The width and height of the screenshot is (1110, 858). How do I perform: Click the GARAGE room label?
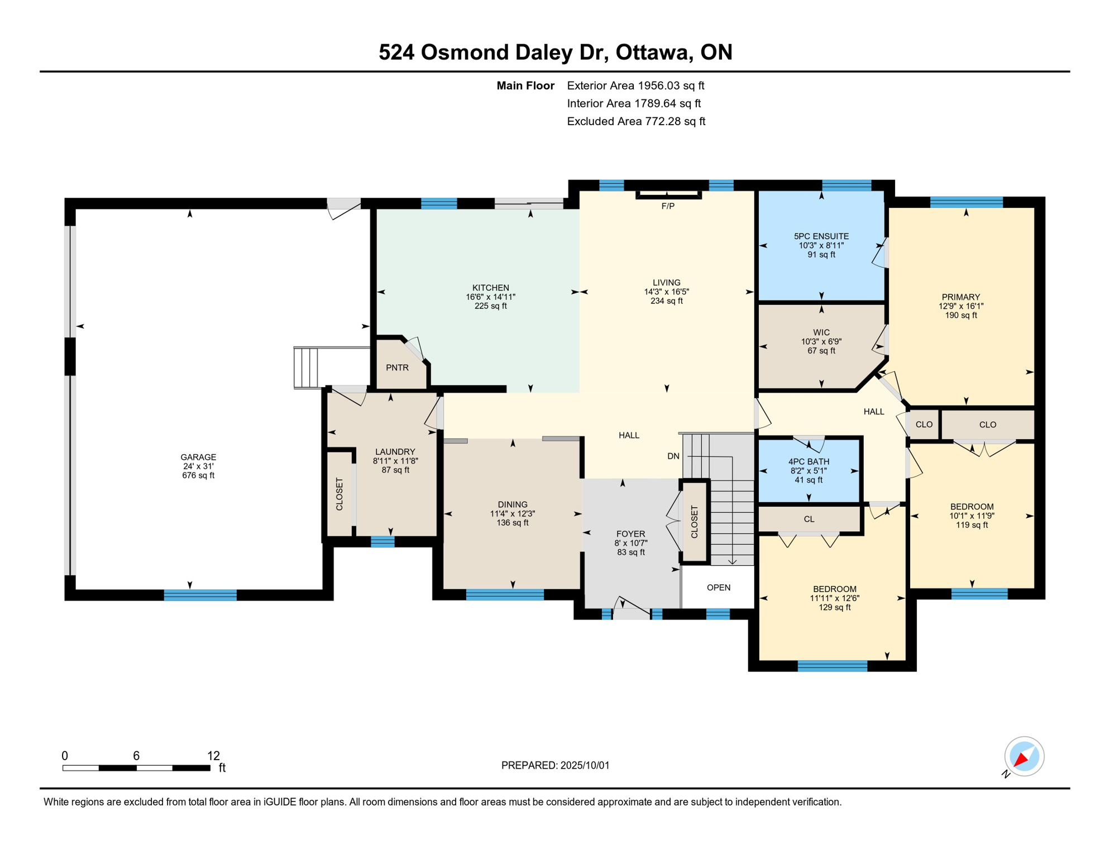click(x=198, y=457)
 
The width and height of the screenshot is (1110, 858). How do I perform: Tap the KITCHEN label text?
click(x=490, y=288)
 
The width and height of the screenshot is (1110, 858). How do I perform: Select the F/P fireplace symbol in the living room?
click(x=668, y=195)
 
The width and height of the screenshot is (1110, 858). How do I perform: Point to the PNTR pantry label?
click(x=397, y=368)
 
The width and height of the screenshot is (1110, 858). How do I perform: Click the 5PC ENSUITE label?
click(x=821, y=236)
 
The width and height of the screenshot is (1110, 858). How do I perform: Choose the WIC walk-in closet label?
click(x=821, y=332)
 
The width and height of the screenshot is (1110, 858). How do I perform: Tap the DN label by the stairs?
click(x=673, y=456)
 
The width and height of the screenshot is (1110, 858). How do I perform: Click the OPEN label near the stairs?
click(x=719, y=588)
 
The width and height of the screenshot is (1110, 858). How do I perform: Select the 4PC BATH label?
click(x=808, y=461)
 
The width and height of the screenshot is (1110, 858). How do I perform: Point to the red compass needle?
click(x=1021, y=759)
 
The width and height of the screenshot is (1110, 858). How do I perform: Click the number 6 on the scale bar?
click(x=136, y=756)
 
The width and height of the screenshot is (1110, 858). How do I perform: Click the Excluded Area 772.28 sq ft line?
click(x=636, y=121)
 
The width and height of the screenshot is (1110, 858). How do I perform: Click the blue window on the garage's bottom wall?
click(x=200, y=595)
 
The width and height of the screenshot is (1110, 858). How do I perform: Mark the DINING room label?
click(x=513, y=504)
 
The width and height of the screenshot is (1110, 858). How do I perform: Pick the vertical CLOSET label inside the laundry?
click(x=339, y=494)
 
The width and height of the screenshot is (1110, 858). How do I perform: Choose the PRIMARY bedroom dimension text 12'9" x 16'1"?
click(x=961, y=306)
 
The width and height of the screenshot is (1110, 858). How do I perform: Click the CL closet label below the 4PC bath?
click(x=809, y=519)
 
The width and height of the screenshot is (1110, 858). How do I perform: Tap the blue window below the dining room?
click(x=505, y=595)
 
